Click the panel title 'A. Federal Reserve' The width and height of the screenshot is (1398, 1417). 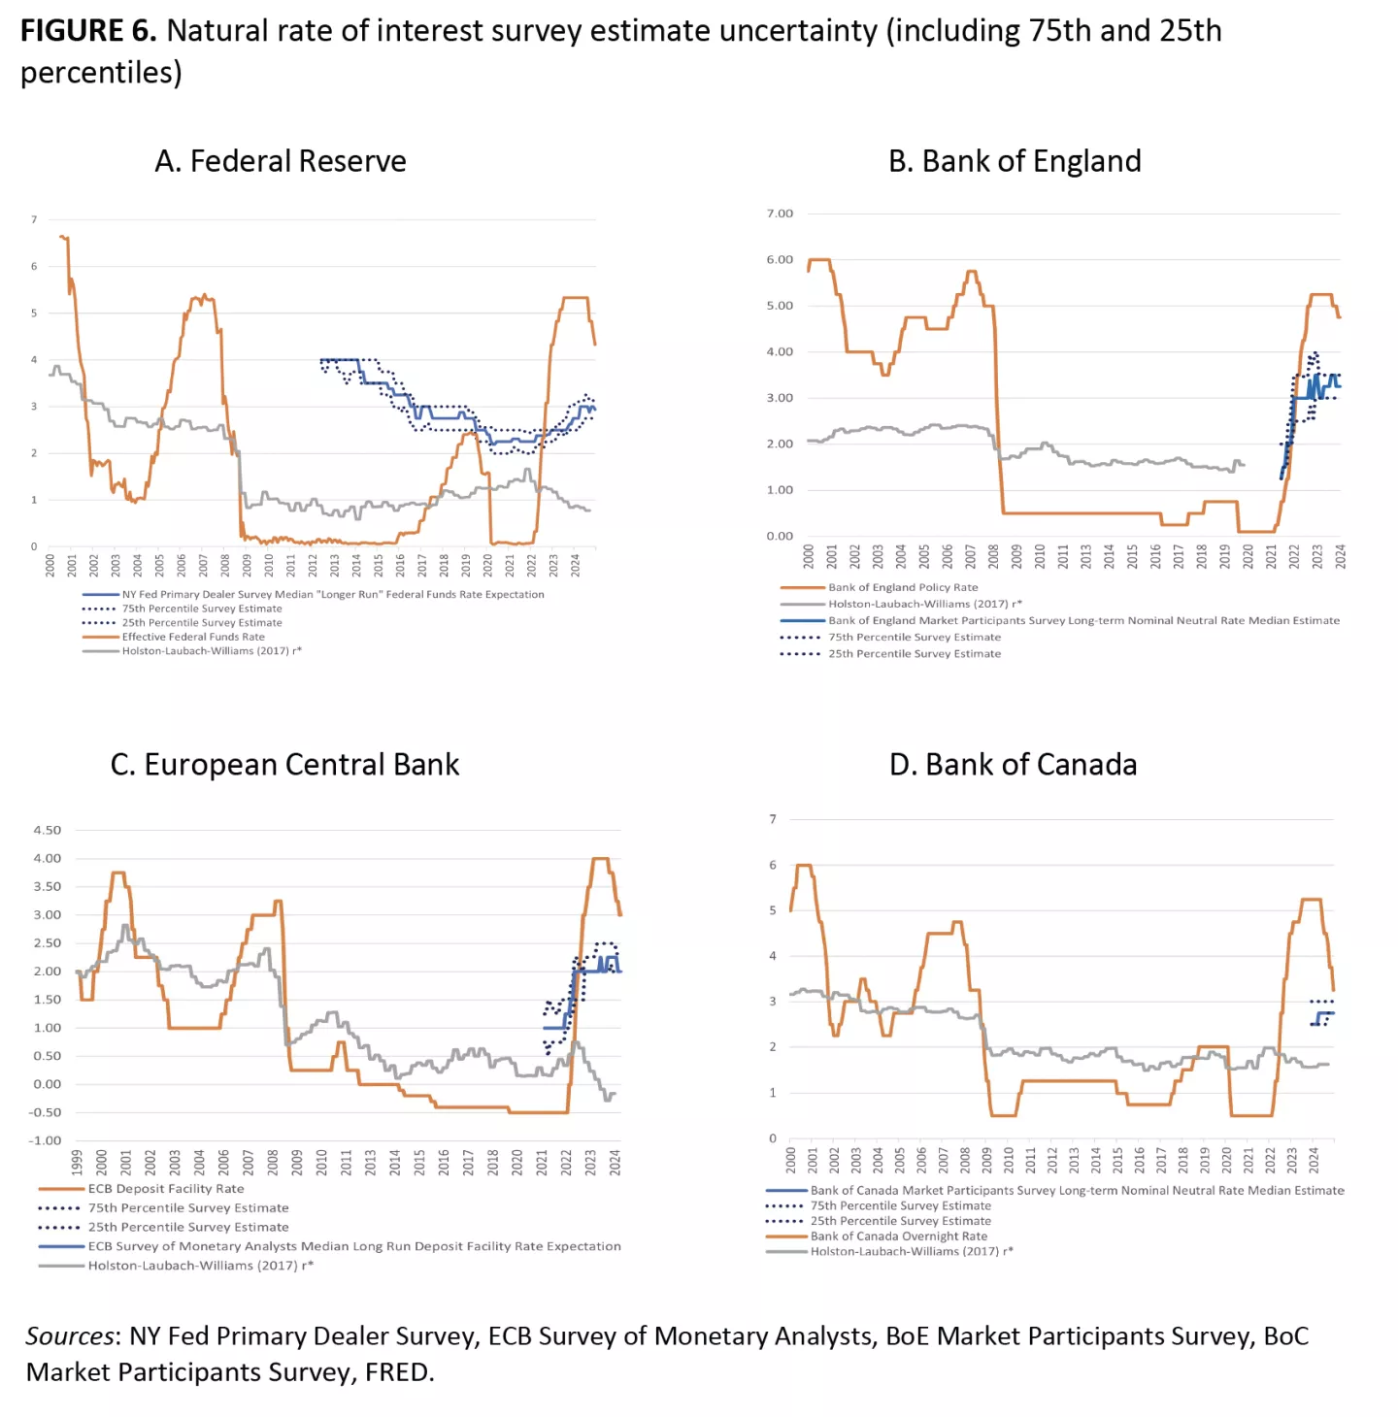click(x=280, y=161)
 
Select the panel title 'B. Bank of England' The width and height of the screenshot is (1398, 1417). click(x=1015, y=161)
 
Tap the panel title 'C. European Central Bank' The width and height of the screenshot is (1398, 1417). click(x=284, y=765)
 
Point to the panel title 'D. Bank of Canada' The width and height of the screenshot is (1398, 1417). click(x=1013, y=765)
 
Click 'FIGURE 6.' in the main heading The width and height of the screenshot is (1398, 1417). click(x=87, y=31)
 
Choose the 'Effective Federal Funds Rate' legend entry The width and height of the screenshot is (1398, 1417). click(x=192, y=637)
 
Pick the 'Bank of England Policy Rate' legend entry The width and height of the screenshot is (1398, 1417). click(x=902, y=587)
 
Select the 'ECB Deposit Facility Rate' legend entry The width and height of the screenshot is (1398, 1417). click(x=165, y=1189)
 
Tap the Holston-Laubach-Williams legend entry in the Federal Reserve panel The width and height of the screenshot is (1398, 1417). click(x=211, y=651)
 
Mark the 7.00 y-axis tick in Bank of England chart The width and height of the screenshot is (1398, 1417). click(x=780, y=214)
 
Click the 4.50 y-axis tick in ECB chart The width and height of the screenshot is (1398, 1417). click(x=47, y=831)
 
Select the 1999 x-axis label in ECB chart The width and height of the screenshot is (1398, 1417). click(x=77, y=1163)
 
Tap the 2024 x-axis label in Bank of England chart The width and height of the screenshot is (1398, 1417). click(x=1340, y=556)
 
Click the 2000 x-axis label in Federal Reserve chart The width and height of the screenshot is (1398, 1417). click(x=50, y=566)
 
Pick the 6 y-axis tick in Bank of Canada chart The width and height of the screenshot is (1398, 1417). click(x=773, y=865)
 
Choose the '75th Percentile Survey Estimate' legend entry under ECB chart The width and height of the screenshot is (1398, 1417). click(x=187, y=1208)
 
